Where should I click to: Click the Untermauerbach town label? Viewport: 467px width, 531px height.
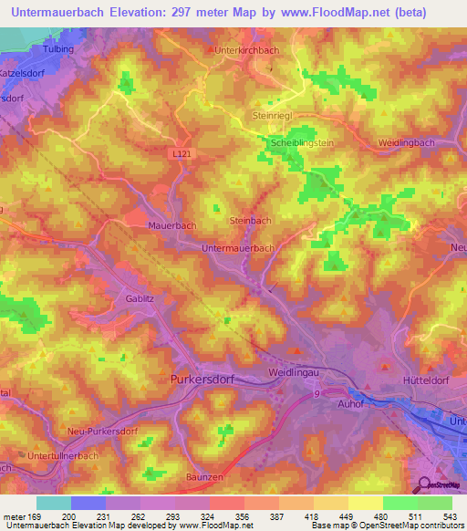pos(238,247)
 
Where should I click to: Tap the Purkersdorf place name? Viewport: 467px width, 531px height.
pos(204,378)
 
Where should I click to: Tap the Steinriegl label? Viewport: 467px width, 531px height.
pos(271,116)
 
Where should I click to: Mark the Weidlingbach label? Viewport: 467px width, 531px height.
pos(409,143)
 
